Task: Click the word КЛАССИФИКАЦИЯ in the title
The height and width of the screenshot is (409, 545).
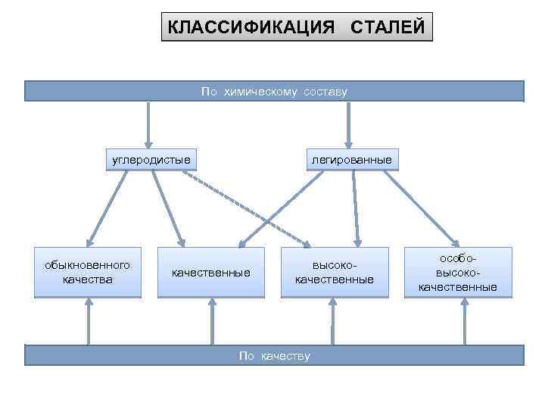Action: point(251,28)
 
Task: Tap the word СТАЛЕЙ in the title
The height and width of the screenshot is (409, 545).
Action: point(388,28)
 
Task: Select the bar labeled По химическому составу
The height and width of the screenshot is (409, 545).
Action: point(274,91)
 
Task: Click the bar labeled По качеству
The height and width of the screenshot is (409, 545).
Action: point(274,355)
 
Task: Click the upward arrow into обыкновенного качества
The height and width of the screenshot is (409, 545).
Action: point(89,321)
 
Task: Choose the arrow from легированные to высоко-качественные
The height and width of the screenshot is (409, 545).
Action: point(353,208)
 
